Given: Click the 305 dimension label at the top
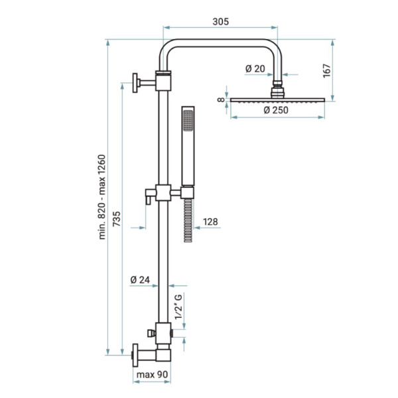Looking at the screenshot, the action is tap(220, 22).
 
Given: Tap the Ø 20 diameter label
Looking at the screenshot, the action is tap(255, 68).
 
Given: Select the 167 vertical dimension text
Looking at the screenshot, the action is tap(327, 71).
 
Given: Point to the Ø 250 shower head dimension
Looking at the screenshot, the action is tap(276, 110).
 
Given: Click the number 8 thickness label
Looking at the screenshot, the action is tap(222, 99).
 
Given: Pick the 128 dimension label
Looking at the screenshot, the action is tap(210, 222).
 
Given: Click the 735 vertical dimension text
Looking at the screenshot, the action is tap(117, 219).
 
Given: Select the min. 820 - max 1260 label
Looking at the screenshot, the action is tap(101, 197).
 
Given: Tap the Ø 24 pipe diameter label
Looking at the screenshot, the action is tap(140, 280).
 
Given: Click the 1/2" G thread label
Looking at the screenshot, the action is tap(178, 307).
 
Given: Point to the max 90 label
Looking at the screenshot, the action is tap(152, 374).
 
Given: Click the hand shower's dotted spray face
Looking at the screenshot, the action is tap(188, 121).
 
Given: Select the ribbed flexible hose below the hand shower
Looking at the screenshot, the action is tap(188, 220).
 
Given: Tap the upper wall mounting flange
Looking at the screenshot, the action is tap(135, 83).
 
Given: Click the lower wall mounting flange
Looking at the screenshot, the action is tap(135, 355).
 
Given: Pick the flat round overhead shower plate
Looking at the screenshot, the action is tap(277, 99).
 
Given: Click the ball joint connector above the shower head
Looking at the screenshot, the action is tap(278, 89).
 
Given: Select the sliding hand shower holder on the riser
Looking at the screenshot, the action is tap(163, 192).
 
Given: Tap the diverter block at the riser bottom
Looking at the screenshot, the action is tap(163, 333).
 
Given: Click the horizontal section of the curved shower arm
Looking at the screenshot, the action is tap(220, 43).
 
